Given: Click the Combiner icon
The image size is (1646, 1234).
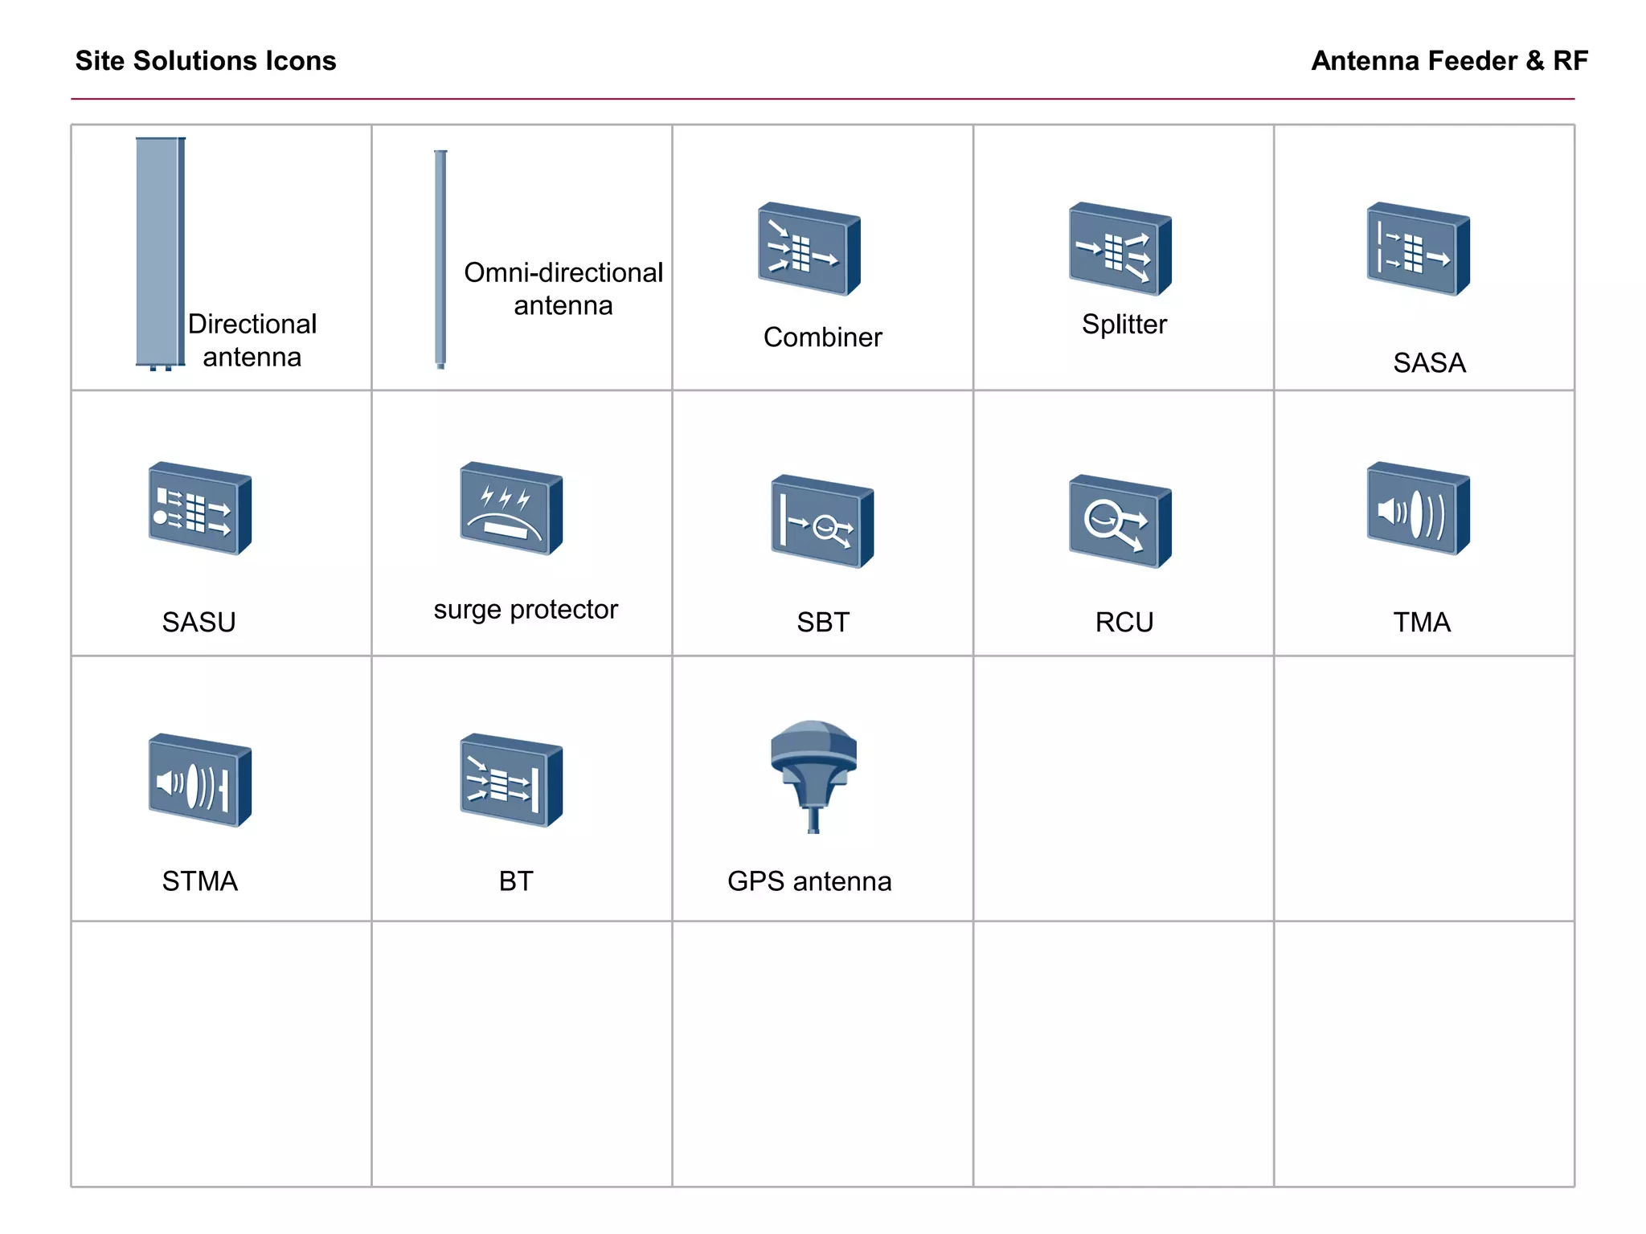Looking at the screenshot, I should (x=809, y=248).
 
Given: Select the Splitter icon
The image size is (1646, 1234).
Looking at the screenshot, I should (x=1120, y=248).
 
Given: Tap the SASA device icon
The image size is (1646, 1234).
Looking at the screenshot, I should (x=1419, y=248).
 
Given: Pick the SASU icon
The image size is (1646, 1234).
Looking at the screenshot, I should (x=199, y=509).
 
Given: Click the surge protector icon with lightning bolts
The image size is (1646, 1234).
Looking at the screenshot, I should (x=510, y=509).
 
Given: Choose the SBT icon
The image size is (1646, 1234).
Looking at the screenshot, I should (x=821, y=521).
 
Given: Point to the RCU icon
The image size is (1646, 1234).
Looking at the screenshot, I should (x=1120, y=521).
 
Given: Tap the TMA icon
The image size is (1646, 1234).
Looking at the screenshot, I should (x=1419, y=509).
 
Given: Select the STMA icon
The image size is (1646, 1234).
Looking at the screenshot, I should (x=199, y=780).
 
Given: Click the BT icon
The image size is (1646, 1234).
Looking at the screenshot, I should (x=510, y=780).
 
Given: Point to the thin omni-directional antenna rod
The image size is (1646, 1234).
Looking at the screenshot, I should (x=440, y=259).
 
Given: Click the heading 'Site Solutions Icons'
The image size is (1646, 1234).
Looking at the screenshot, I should (x=206, y=61).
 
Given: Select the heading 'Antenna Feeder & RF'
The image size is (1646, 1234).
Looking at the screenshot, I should (x=1449, y=61).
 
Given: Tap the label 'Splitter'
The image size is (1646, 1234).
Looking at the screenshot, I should (x=1124, y=325).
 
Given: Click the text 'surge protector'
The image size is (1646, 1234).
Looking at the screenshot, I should (x=526, y=610).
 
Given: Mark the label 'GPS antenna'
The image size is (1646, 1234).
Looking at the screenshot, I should (x=809, y=881).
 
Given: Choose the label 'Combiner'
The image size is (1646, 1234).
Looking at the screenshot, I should (x=822, y=337).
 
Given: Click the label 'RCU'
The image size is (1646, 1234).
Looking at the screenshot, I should (x=1124, y=623).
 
